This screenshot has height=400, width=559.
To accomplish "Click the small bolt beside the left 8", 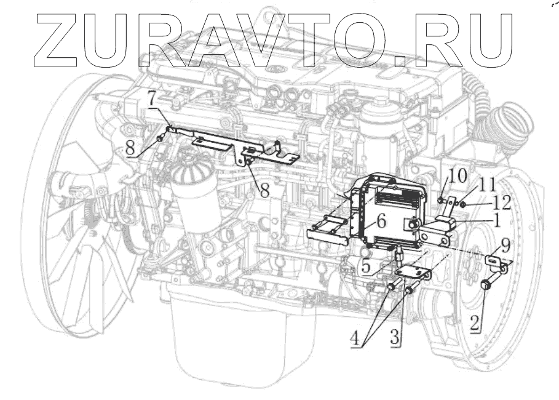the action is coord(160,138).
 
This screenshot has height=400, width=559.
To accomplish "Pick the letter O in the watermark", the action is coord(359,38).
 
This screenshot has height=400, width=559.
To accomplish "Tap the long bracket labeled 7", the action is coord(240,146).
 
